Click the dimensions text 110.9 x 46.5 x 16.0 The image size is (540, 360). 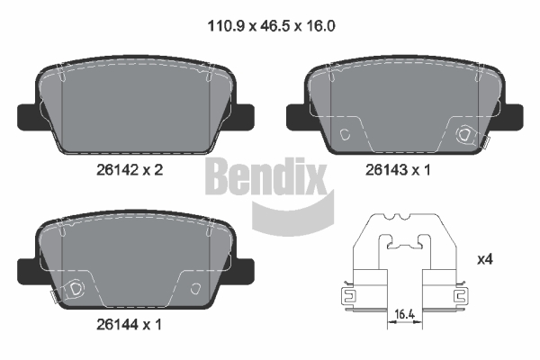(x=272, y=26)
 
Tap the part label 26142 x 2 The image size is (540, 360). (x=130, y=170)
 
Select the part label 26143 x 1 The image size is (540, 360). (x=398, y=170)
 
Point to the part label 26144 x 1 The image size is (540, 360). (x=129, y=325)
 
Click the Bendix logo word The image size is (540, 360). (x=265, y=176)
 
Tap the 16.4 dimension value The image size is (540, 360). (x=404, y=314)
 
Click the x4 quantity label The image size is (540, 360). (x=485, y=259)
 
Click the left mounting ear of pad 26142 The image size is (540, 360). (x=27, y=117)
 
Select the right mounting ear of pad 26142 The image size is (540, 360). (x=245, y=117)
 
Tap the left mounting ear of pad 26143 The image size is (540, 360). (x=296, y=117)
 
